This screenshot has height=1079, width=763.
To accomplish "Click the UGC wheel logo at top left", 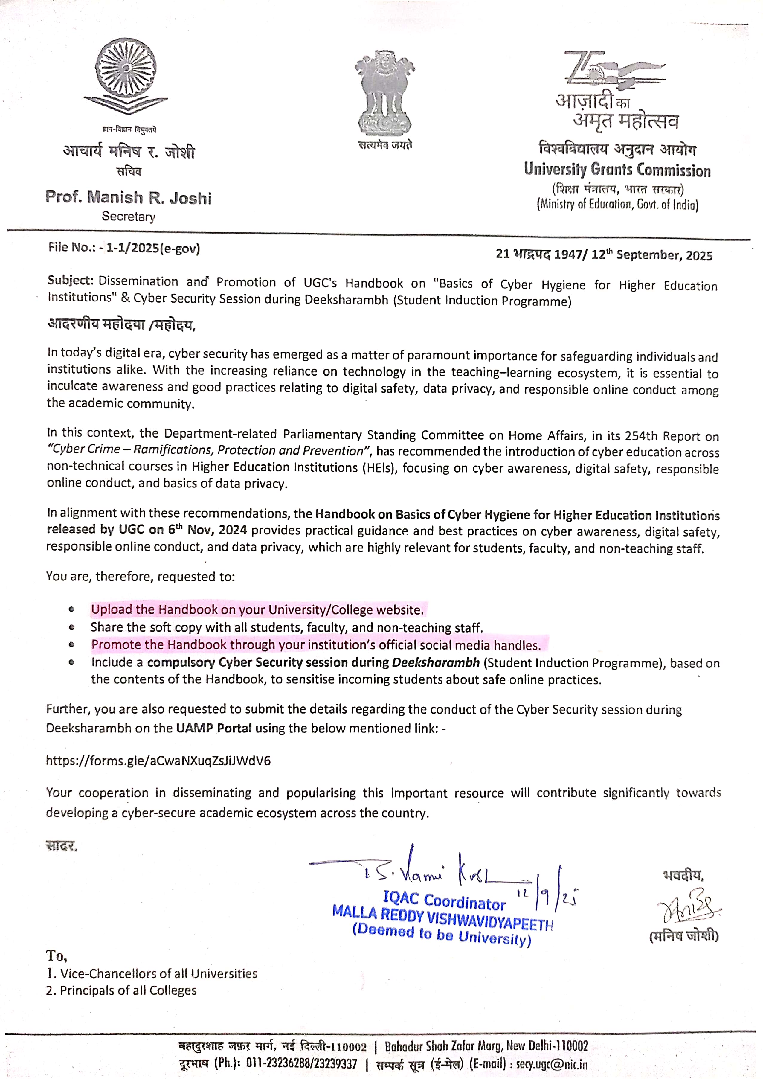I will coord(126,75).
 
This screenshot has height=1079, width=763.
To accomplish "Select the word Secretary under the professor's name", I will coord(128,217).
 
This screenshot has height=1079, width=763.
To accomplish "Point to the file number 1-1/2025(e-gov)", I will coord(153,248).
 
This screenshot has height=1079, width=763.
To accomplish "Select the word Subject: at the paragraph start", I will coord(71,281).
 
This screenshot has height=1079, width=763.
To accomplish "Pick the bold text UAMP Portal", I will coord(214,729).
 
